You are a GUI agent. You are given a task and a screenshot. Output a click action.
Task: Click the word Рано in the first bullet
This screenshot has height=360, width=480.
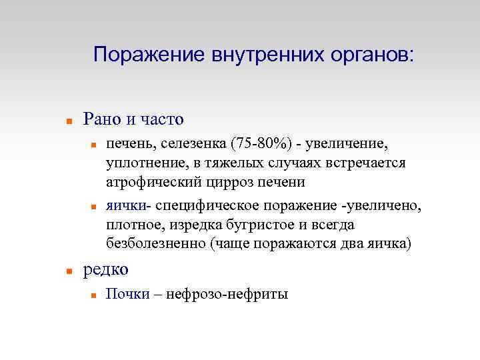[x=102, y=120]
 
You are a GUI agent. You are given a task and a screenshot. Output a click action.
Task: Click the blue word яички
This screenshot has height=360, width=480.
[x=125, y=207]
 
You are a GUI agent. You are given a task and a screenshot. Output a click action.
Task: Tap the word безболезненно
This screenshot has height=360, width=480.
[x=155, y=244]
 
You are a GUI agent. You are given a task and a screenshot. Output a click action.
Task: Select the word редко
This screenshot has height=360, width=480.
[x=105, y=269]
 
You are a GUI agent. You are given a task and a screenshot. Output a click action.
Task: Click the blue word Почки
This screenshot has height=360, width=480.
[x=128, y=294]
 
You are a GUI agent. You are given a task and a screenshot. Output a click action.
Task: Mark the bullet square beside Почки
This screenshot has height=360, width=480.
[x=94, y=295]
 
